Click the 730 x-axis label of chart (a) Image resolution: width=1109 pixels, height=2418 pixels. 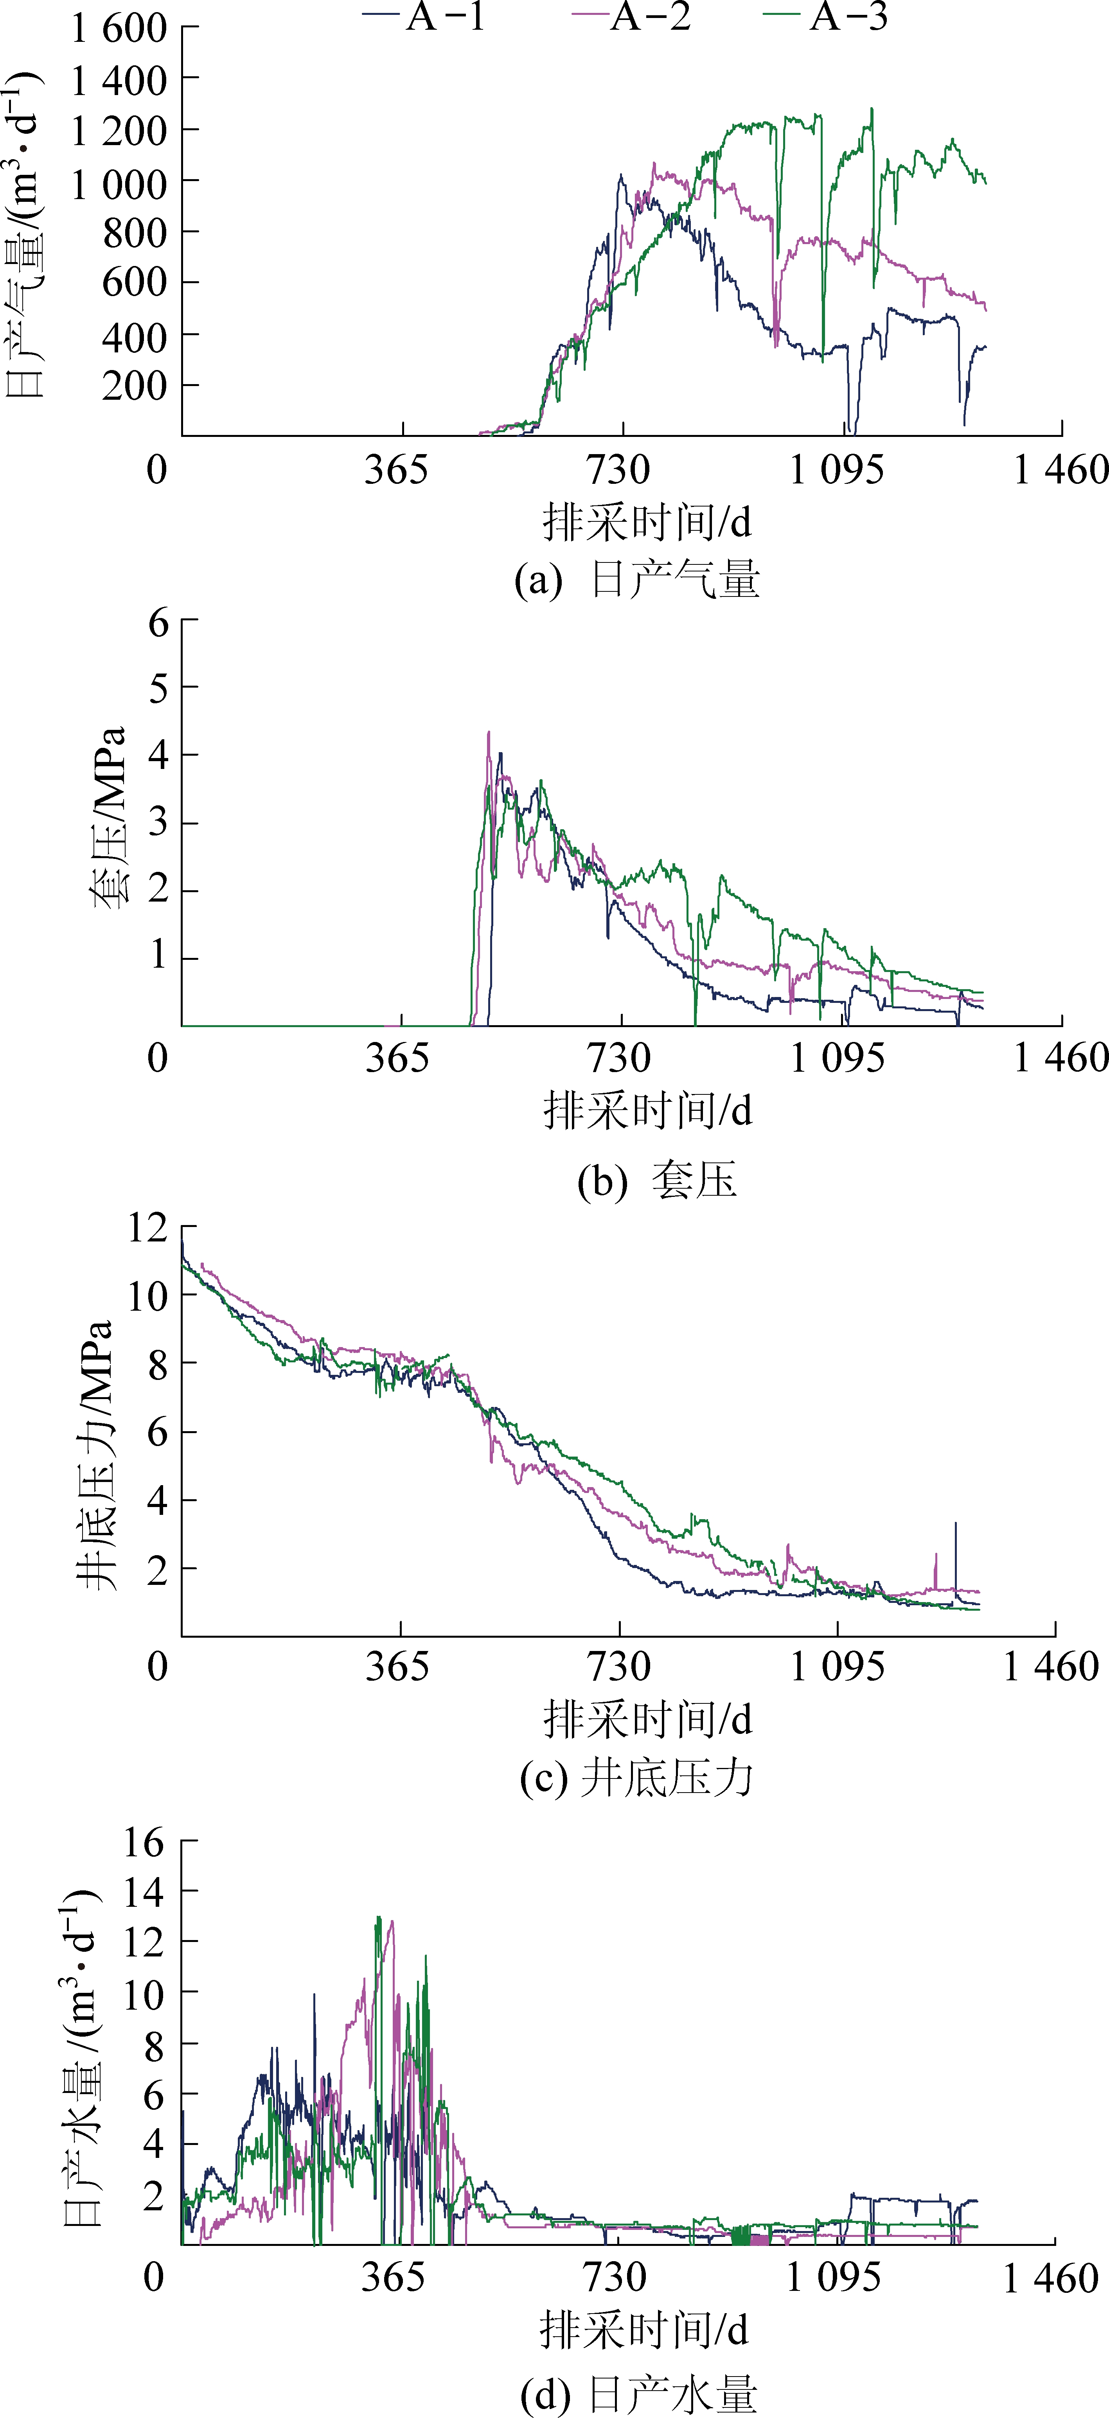point(619,469)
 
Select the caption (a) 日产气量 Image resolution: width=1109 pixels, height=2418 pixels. point(637,580)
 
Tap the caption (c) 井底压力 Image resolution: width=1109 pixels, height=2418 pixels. point(637,1777)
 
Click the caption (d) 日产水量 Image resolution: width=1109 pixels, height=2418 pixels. point(638,2395)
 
